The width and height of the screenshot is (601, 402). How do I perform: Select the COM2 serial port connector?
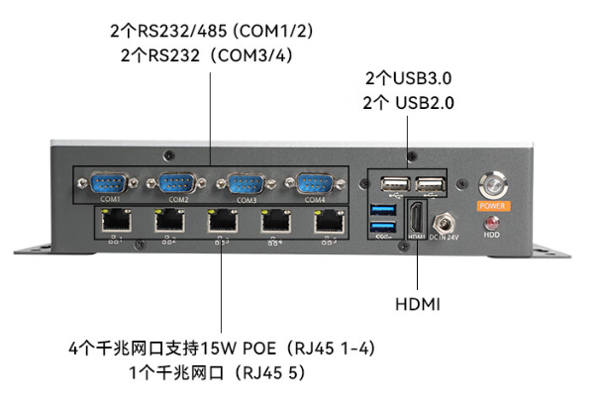pyautogui.click(x=178, y=183)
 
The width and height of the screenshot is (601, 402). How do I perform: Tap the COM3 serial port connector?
pyautogui.click(x=242, y=183)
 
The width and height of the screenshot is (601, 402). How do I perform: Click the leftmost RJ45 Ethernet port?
pyautogui.click(x=116, y=222)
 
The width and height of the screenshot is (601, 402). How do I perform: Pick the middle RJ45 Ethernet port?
pyautogui.click(x=221, y=222)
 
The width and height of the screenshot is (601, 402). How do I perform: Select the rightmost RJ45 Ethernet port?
pyautogui.click(x=326, y=222)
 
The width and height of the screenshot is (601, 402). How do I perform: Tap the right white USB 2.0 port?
pyautogui.click(x=429, y=185)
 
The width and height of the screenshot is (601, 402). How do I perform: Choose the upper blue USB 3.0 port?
pyautogui.click(x=382, y=210)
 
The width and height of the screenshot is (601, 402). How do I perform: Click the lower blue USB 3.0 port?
pyautogui.click(x=382, y=230)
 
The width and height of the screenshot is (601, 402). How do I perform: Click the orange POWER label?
pyautogui.click(x=492, y=207)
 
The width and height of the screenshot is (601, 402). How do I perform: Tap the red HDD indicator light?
pyautogui.click(x=491, y=223)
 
